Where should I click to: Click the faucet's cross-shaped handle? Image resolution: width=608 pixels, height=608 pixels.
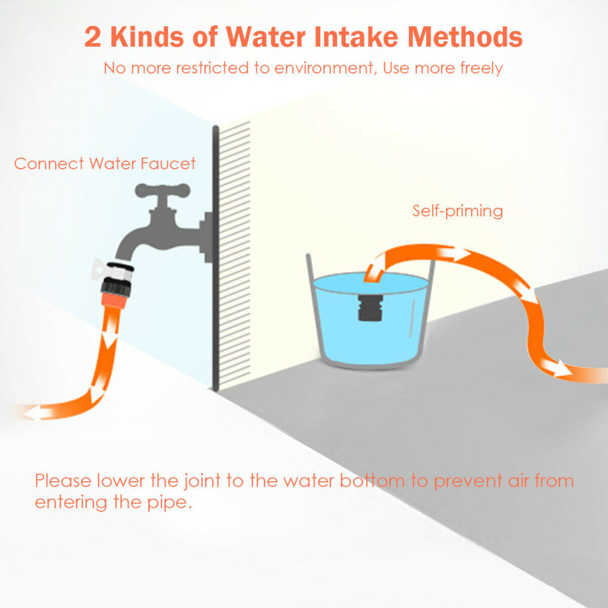(x=162, y=191)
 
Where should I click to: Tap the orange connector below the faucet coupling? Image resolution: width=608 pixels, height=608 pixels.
(x=113, y=301)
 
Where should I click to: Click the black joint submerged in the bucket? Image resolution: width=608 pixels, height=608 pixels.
(x=370, y=308)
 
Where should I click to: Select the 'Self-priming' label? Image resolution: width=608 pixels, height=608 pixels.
(x=458, y=211)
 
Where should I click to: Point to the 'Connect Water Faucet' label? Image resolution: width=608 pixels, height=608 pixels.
(x=105, y=163)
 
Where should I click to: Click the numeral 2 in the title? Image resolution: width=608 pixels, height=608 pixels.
(x=93, y=37)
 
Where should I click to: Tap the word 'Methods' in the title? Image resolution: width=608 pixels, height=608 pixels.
(x=465, y=37)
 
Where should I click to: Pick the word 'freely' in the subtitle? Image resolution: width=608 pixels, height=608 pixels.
(x=481, y=69)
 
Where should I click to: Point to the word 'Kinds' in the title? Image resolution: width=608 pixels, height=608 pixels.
(x=147, y=37)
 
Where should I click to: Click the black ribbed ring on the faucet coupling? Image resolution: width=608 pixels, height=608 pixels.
(x=115, y=287)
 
